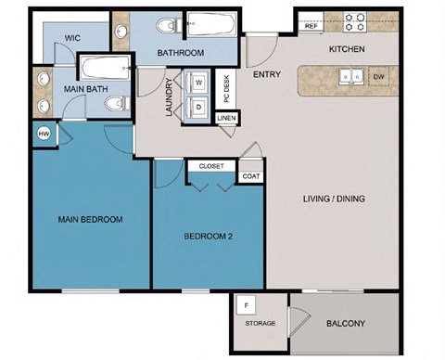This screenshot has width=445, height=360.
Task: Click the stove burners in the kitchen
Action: pos(356,18)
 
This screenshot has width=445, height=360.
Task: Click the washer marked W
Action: pos(200,82)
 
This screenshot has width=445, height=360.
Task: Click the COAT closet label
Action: pos(250,175)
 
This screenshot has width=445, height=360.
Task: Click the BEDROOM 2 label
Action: pos(209,237)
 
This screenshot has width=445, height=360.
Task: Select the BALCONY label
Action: pos(345,324)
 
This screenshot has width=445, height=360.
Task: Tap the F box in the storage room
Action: pos(247,304)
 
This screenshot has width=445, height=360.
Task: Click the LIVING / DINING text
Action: pos(333,199)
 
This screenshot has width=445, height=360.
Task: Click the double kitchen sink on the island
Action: pos(350,77)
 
